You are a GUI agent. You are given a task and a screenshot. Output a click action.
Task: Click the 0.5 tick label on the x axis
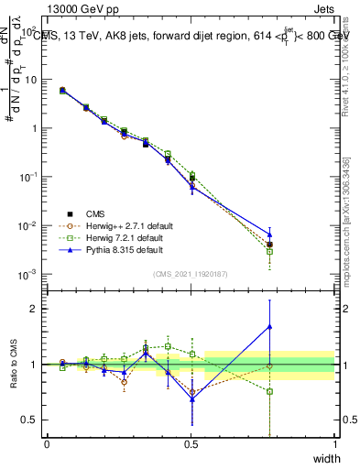click(191, 444)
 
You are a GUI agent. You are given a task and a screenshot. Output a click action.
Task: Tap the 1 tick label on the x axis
click(334, 444)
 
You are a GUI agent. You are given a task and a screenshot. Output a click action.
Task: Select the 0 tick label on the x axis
click(47, 444)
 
